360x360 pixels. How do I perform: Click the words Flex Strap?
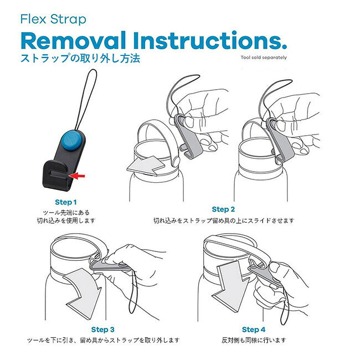[53, 19]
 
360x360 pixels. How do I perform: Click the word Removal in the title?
[74, 41]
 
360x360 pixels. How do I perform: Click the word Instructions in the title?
[210, 40]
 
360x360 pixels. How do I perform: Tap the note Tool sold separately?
[264, 58]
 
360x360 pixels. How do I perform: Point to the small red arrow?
[77, 176]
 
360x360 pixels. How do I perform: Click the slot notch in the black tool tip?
[60, 173]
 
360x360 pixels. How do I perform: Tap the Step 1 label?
[66, 202]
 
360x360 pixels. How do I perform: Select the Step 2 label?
[223, 209]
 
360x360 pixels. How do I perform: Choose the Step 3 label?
[102, 330]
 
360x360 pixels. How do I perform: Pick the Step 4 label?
[254, 330]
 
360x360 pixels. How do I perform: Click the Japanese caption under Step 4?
[254, 340]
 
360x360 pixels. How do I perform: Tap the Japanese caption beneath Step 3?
[103, 340]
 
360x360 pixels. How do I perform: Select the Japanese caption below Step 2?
[224, 220]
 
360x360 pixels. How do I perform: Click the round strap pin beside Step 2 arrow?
[176, 161]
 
